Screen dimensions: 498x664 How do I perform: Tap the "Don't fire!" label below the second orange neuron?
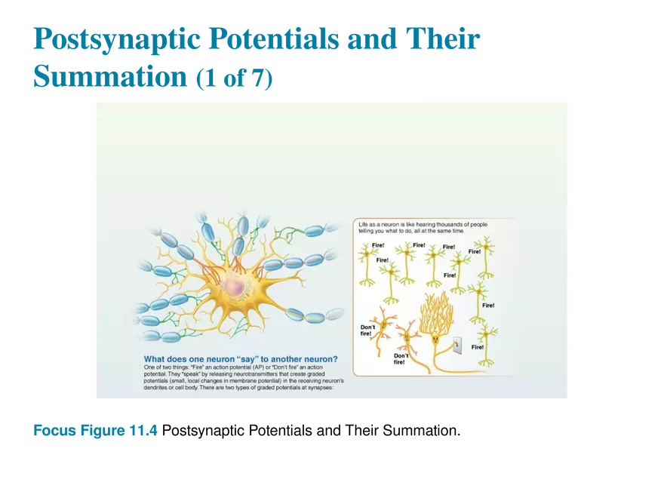click(401, 358)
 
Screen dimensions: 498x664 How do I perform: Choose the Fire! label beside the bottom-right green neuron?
click(477, 347)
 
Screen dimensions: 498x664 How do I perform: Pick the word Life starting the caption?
click(365, 225)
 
